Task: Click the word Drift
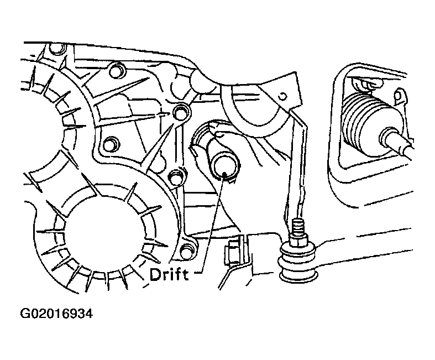(x=169, y=275)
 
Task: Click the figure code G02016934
(x=56, y=314)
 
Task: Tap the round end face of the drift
(x=224, y=169)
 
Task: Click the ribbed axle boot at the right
(x=364, y=122)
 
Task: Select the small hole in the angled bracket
(x=283, y=96)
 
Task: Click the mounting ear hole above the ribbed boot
(x=399, y=96)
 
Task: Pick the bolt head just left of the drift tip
(x=176, y=176)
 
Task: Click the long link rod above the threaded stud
(x=296, y=164)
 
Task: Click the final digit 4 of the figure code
(x=89, y=314)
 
